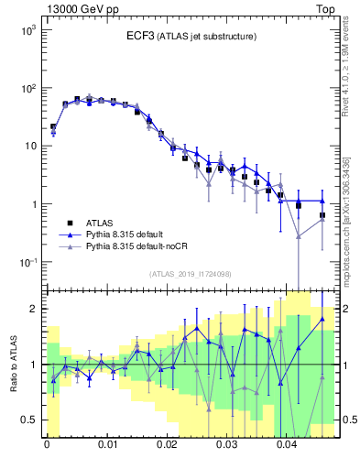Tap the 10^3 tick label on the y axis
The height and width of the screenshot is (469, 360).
click(28, 30)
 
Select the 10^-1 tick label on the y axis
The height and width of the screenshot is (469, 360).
click(28, 262)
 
